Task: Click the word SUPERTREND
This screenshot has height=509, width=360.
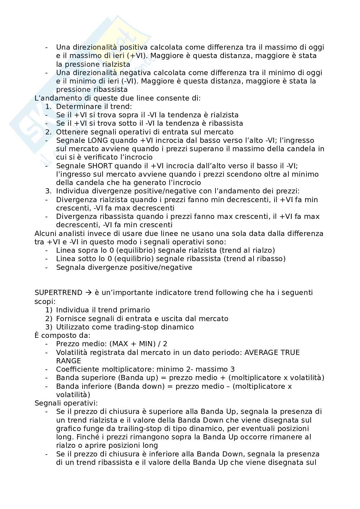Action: [x=58, y=293]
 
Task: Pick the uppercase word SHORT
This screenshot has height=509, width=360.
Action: [x=100, y=166]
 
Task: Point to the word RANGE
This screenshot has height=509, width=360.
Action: [x=68, y=361]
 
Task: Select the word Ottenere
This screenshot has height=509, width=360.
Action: [x=70, y=132]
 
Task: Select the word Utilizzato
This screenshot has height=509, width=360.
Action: [x=73, y=327]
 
